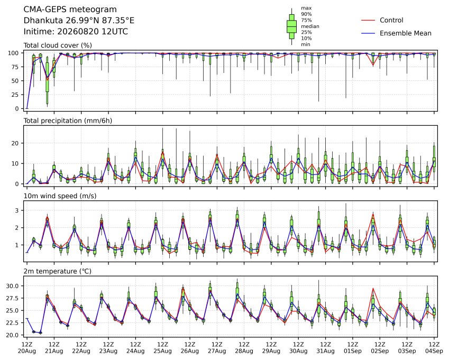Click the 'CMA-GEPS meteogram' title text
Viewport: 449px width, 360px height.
coord(70,10)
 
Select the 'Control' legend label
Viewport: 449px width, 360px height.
coord(391,20)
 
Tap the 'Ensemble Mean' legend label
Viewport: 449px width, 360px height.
coord(406,33)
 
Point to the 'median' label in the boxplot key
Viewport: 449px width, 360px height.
coord(310,26)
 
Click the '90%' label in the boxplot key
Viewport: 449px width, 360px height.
coord(306,14)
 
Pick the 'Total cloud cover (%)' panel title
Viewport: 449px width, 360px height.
coord(58,45)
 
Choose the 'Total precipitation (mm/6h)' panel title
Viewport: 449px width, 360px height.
coord(68,121)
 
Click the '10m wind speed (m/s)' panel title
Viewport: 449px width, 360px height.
coord(60,196)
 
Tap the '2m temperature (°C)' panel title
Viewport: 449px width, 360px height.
coord(57,271)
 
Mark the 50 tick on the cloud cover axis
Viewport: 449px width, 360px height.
coord(15,81)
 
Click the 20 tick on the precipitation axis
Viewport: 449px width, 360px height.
coord(15,143)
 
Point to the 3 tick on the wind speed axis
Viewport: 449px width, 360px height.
coord(17,210)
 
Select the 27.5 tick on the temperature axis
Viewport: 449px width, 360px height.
coord(13,299)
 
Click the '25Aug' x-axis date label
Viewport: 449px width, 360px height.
coord(163,351)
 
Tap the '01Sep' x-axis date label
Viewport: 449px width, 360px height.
coord(353,351)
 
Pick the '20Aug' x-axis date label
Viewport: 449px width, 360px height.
coord(27,351)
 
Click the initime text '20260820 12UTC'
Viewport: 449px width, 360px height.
coord(93,32)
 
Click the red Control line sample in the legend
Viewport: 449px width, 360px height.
coord(368,20)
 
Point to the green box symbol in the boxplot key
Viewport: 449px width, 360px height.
coord(291,26)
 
